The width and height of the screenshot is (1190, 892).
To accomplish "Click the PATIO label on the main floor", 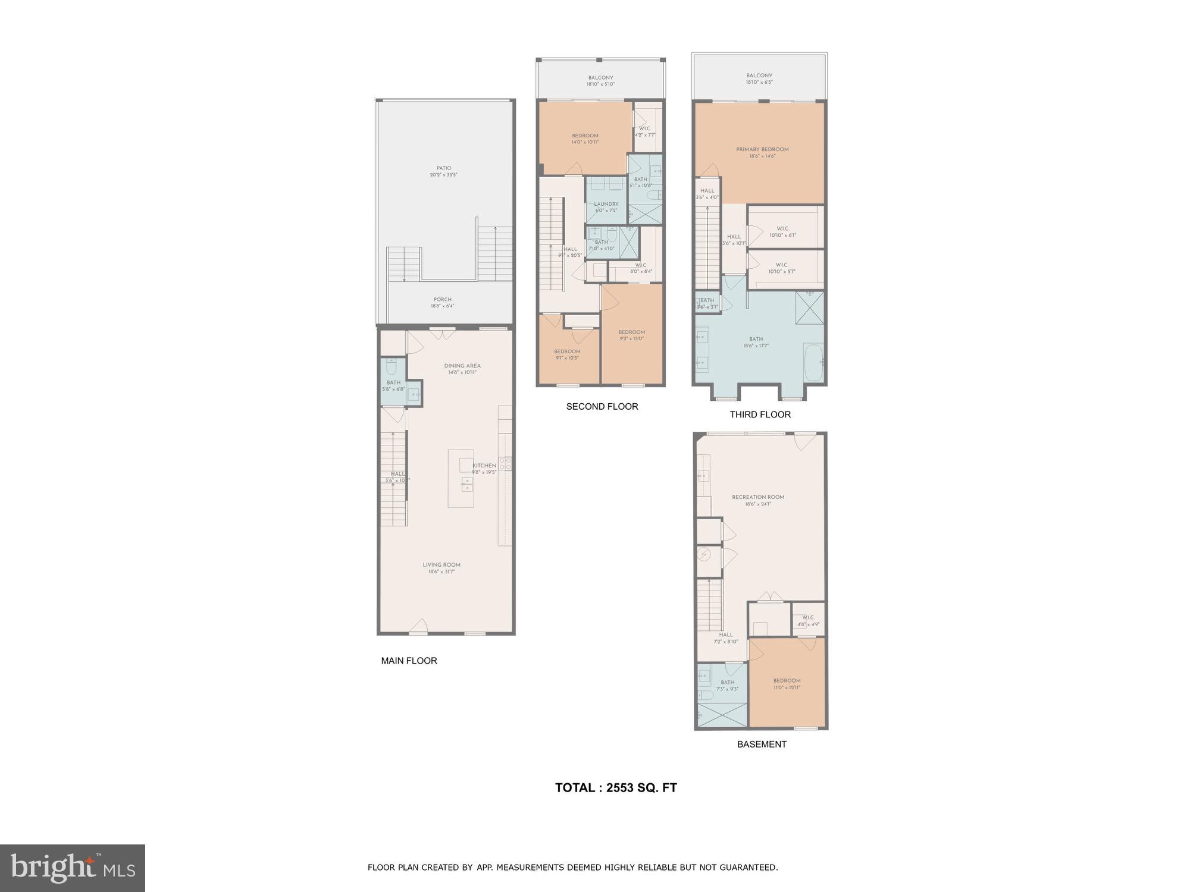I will (x=444, y=168).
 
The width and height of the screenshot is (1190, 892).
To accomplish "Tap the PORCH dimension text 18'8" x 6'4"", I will (x=442, y=306).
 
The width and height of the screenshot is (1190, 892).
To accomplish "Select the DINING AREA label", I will (x=462, y=366).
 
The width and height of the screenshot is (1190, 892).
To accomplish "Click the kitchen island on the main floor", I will (x=461, y=478).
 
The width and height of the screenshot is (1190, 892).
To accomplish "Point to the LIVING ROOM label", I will (x=441, y=565).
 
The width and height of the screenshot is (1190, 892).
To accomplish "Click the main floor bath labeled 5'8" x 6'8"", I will (x=393, y=385).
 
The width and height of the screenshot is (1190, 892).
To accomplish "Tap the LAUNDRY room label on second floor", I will (x=606, y=204).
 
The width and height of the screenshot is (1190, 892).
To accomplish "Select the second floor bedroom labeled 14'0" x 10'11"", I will (x=585, y=139).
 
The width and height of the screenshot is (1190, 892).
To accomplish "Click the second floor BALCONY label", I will (x=600, y=78).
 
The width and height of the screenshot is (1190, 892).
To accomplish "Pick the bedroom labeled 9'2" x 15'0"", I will (x=631, y=335).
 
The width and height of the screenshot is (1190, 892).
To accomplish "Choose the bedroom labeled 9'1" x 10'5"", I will (x=566, y=354).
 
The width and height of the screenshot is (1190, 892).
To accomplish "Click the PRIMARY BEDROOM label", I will (x=762, y=149).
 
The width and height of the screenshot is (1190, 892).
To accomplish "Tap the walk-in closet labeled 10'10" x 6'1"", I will (x=782, y=231).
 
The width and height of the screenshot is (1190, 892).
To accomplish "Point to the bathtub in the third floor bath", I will (x=813, y=362).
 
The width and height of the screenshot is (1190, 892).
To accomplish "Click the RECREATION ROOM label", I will (x=757, y=497).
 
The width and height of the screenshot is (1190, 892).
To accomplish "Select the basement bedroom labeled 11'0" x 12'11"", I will (x=787, y=684).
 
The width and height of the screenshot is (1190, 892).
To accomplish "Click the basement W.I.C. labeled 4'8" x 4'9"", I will (x=807, y=621).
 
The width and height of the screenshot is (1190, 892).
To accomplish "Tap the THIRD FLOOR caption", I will (x=760, y=414).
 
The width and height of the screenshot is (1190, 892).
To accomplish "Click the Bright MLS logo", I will (x=72, y=868).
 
